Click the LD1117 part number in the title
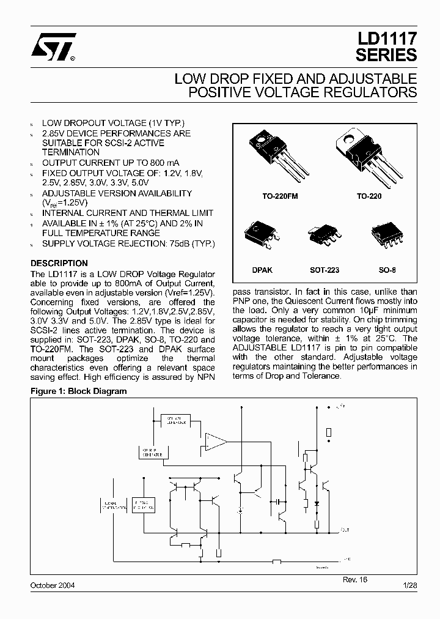click(x=386, y=39)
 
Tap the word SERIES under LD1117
click(x=386, y=54)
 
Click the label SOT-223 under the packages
click(x=324, y=270)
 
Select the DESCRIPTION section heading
click(x=59, y=264)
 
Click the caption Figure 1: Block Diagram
click(x=79, y=391)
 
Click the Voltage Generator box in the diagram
click(x=175, y=420)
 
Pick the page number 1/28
click(x=409, y=586)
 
